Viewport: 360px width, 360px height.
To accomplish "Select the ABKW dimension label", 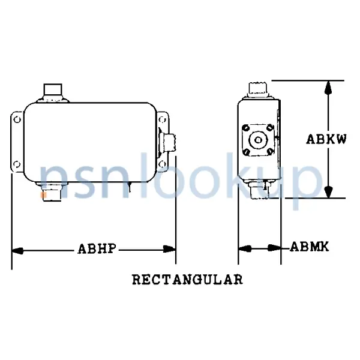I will point(326,139).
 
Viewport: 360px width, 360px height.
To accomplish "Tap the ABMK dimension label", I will point(309,247).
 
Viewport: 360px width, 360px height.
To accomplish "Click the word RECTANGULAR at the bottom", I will point(187,280).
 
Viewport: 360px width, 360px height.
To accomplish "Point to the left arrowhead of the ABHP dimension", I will point(17,248).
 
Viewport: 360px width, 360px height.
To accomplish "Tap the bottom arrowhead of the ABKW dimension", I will point(328,191).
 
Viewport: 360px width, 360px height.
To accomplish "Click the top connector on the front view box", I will point(52,93).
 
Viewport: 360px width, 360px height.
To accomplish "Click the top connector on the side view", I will point(258,91).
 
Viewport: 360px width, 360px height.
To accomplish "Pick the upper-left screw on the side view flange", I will point(245,128).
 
